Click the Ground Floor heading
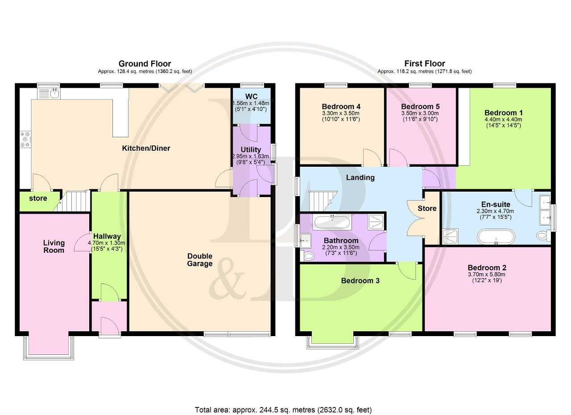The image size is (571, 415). pos(145,63)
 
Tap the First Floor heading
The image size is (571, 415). pos(425,63)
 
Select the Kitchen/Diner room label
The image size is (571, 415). pos(146,148)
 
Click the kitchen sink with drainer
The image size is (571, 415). pos(49,94)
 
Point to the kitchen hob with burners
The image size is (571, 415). pos(25,139)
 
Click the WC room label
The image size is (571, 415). pos(251,96)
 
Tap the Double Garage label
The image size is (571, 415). pos(200,259)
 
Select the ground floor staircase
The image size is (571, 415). pos(74,201)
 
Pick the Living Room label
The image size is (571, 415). pos(54,247)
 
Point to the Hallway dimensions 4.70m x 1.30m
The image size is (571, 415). pos(107,243)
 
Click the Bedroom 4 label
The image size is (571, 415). pos(341,106)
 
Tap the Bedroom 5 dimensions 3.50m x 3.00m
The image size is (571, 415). pos(420,113)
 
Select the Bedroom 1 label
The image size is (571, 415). pos(504,113)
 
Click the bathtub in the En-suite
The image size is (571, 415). pos(496,237)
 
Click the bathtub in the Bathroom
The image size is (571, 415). pos(332,222)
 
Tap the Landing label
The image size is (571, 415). pos(360,177)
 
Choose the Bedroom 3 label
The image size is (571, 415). pos(360,280)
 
